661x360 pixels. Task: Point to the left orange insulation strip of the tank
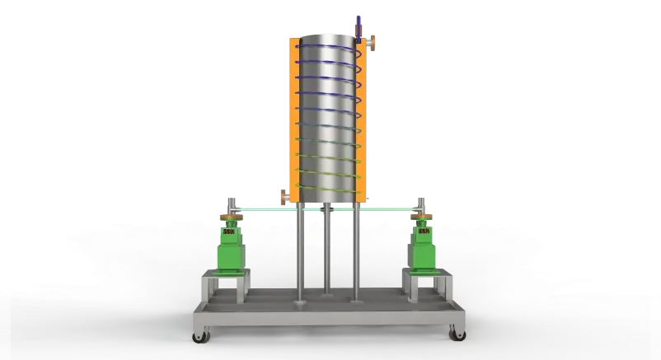tap(292, 115)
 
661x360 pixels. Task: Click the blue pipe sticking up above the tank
tap(358, 25)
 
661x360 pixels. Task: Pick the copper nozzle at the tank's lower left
tap(284, 197)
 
